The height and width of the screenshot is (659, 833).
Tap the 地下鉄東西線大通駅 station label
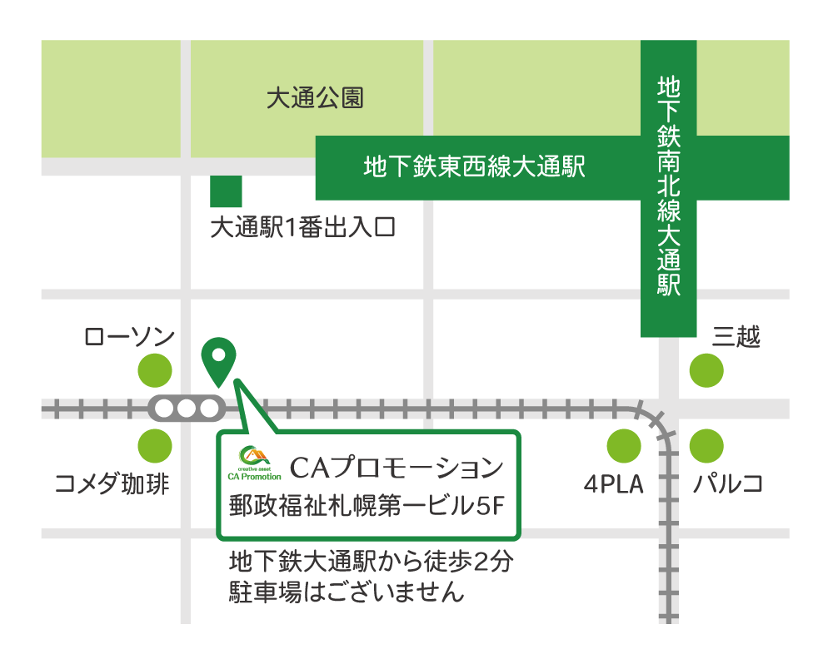point(474,167)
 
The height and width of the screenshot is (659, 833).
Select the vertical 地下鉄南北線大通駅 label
point(668,186)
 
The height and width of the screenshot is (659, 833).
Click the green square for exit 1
point(226,191)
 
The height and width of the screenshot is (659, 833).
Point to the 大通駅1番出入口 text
point(302,227)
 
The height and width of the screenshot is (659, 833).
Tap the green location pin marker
point(218,359)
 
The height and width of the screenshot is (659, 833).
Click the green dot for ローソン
point(155,370)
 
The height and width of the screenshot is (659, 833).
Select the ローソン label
point(129,337)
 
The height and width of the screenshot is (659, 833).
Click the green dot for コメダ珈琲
point(155,446)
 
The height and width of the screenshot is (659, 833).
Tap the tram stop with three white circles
point(187,409)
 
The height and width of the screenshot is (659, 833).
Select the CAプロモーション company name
point(397,468)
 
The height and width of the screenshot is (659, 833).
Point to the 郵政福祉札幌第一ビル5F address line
point(367,505)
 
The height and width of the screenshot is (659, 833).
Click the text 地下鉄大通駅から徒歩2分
point(371,562)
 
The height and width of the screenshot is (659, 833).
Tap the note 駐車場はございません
point(346,592)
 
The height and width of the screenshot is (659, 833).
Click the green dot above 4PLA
point(624,446)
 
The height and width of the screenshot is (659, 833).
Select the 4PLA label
point(614,484)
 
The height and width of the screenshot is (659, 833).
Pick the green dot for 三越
point(706,370)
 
